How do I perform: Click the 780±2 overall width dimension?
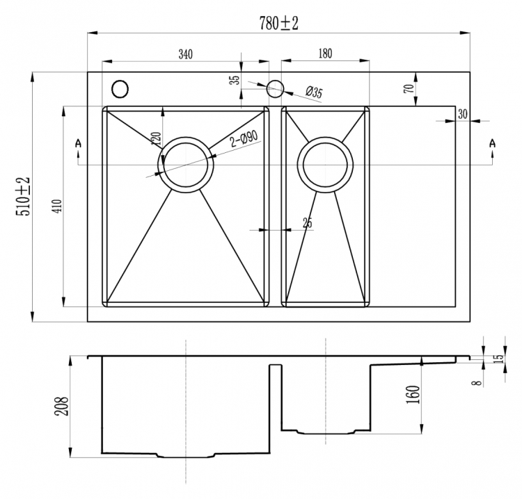coord(278,23)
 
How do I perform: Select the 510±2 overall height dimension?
coord(24,197)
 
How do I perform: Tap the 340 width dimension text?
coord(185,54)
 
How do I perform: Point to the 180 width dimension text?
coord(325,54)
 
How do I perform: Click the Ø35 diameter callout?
coord(314,92)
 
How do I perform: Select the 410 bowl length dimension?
coord(57,206)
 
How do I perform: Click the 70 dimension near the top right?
coord(409,88)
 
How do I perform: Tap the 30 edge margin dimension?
coord(463,115)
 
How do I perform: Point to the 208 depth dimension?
coord(61,406)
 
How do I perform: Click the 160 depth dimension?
coord(413,395)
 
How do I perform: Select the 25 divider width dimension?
coord(308,222)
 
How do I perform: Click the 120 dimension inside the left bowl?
coord(156,138)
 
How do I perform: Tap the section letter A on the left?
coord(78,143)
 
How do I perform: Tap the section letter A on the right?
coord(492,143)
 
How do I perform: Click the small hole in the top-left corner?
coord(120,89)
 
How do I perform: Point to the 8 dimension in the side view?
coord(478,383)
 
